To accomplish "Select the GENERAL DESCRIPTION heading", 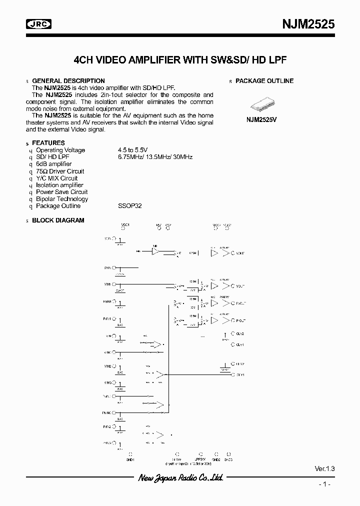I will pos(68,81).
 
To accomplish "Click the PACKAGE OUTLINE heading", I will pos(264,81).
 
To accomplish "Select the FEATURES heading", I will pos(48,143).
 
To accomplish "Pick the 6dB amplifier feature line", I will pos(53,164).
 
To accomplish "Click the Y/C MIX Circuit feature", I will pos(56,178).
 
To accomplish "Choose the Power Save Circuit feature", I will pos(61,192).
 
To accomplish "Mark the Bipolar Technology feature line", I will pos(62,199).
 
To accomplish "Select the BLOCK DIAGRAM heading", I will pos(58,220).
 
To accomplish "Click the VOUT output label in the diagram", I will pos(240,253).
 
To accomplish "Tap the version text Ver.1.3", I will pos(324,468).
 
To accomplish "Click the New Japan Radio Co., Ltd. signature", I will pos(180,478).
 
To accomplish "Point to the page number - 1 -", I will pos(324,484).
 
